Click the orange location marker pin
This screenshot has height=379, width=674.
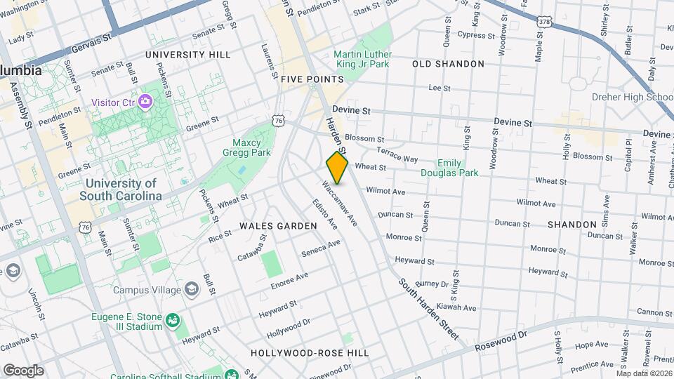pos(338,167)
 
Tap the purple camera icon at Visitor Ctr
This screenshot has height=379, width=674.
pos(145,102)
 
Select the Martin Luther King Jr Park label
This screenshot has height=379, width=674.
pos(361,59)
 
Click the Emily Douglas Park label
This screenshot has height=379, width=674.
pos(449,167)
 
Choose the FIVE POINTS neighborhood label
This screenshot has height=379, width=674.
pos(311,80)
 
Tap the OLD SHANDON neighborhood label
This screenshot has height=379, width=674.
pos(448,64)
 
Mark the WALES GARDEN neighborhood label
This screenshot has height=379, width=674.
pos(278,226)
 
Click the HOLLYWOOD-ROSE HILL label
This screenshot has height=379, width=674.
pos(310,352)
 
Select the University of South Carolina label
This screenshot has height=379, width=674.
pos(121,189)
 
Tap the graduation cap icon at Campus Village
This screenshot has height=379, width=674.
pos(191,289)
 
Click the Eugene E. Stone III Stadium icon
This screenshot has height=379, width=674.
pos(171,322)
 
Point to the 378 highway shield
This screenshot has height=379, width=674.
pos(545,22)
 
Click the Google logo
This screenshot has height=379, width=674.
pos(22,370)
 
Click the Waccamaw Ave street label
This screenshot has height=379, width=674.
pos(340,204)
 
